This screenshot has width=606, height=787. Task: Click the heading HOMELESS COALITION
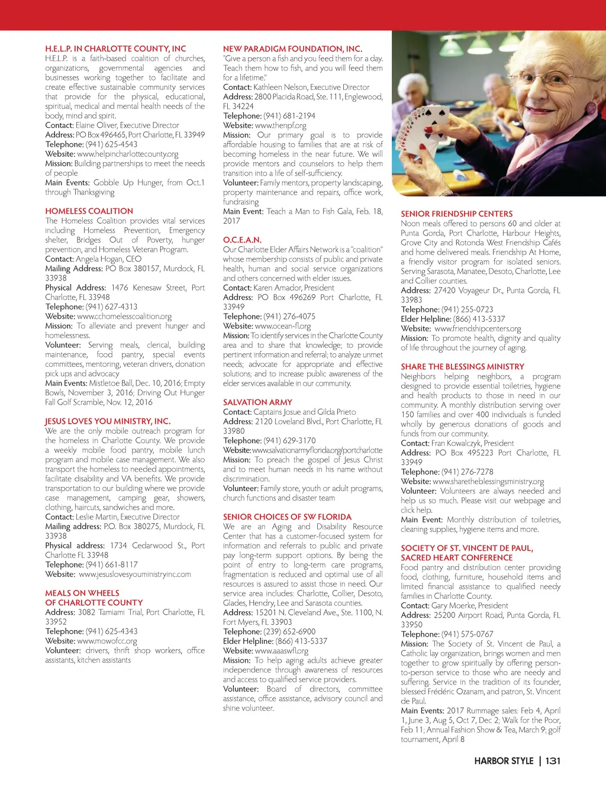(89, 211)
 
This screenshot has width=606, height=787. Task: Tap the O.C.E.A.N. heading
(242, 240)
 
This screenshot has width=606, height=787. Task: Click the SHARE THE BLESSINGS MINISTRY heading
(462, 367)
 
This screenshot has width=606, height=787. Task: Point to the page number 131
(553, 761)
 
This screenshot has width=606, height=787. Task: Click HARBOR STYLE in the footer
(504, 761)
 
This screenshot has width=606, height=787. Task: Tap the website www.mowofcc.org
(107, 641)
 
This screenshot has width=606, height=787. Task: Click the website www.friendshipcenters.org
(478, 329)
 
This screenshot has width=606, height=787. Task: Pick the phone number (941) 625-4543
(111, 144)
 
